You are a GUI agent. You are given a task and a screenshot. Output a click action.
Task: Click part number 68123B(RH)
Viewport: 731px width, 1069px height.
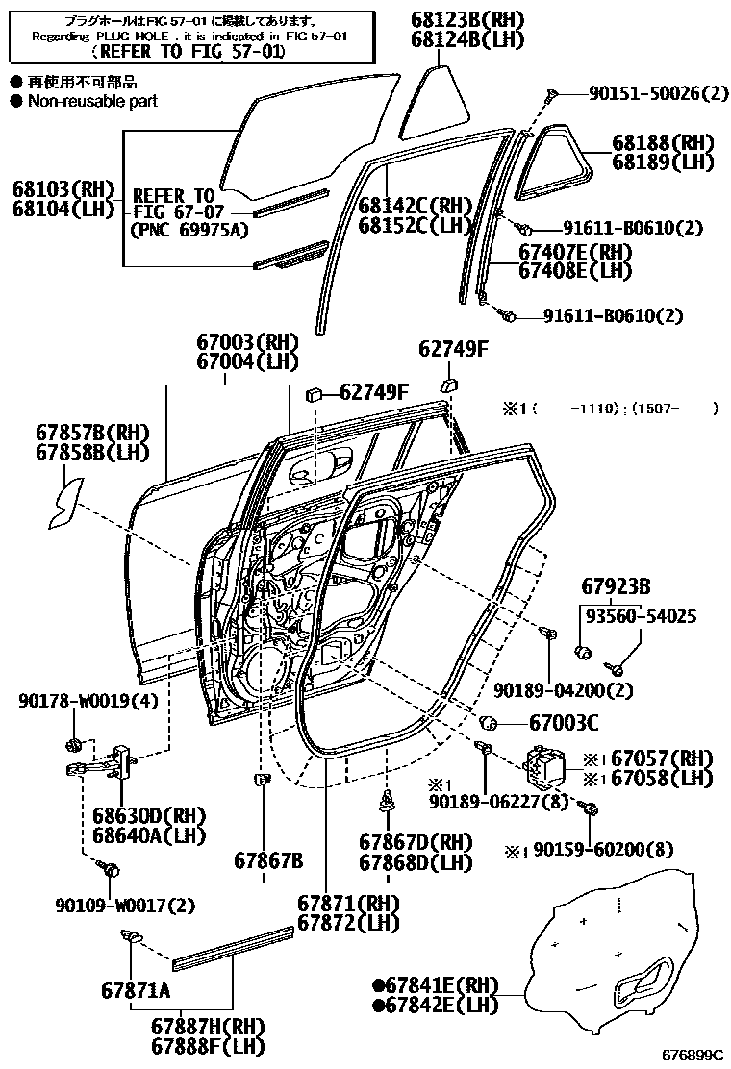(x=467, y=20)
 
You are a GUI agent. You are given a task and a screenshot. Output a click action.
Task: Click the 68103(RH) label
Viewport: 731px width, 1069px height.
(x=63, y=187)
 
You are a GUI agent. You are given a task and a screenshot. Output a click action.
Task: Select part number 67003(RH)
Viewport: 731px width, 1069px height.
(x=247, y=342)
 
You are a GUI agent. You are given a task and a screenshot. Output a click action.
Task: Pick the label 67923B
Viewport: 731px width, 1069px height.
(x=617, y=585)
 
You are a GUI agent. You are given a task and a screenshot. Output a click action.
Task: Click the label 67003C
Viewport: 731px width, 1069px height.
(x=563, y=722)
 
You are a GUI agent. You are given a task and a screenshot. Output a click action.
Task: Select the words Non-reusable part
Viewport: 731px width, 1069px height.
(x=92, y=101)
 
